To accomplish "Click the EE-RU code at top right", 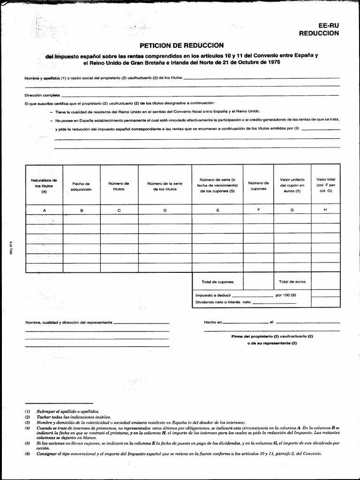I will pos(328,26).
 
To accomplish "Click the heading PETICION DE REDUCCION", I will pos(181,45).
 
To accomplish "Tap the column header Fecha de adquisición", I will pos(81,187).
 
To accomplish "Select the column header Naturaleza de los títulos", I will pos(44,186).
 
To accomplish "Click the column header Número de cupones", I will pos(258,186).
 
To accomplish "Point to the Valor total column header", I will pos(325,185).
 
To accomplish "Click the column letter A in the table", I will pos(45,210).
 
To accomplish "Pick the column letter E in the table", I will pos(217,210).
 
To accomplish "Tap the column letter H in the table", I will pos(325,210).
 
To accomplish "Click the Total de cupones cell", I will pos(217,282).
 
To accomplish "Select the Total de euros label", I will pos(292,282).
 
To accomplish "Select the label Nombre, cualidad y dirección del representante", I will pos(69,323).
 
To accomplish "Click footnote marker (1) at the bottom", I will pos(28,411).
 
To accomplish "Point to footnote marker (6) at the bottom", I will pos(28,454).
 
